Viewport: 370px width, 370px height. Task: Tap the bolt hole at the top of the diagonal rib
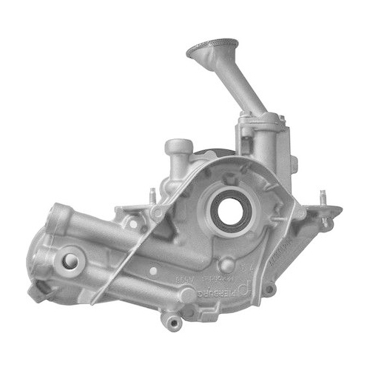(158, 212)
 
